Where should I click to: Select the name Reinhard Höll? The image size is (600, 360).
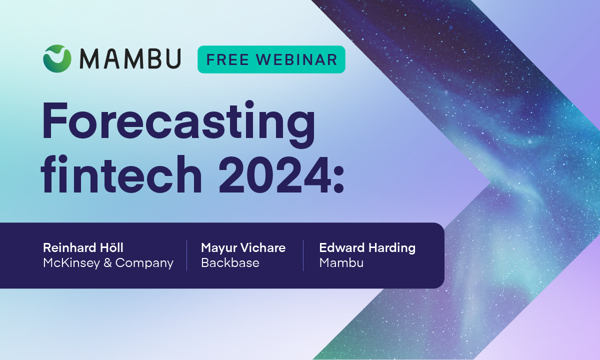click(x=83, y=247)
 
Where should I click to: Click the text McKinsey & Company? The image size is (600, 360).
click(x=108, y=263)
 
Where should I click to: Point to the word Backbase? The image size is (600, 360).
click(x=230, y=263)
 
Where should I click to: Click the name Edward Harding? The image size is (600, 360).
click(x=367, y=247)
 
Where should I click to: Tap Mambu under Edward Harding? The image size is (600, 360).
click(x=341, y=263)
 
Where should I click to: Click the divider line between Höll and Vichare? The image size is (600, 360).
click(x=187, y=255)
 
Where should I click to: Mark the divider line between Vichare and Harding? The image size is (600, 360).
click(x=303, y=255)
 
